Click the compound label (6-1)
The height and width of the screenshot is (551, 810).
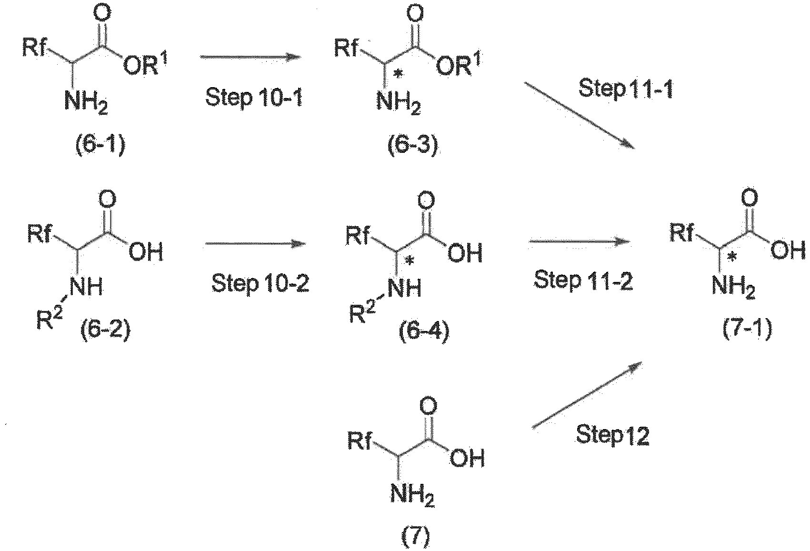pos(100,146)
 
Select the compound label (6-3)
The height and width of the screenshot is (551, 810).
pos(412,146)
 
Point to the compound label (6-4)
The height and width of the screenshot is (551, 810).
pos(424,331)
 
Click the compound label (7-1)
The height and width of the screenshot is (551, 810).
pos(748,329)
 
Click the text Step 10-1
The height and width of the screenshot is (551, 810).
pos(254,97)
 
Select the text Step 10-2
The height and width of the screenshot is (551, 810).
pos(260,283)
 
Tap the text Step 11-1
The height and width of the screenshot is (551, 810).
pos(626,88)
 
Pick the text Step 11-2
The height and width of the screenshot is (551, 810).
pos(584,280)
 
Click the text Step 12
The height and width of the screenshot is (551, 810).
pos(613,434)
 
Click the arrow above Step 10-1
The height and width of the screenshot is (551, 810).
pos(250,57)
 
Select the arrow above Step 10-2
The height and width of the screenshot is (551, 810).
pos(255,244)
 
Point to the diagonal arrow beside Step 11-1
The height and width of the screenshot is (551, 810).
pos(580,115)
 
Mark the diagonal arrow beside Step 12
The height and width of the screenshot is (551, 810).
pos(587,395)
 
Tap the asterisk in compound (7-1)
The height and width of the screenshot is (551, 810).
pos(732,258)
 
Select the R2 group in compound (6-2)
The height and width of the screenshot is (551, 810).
pos(50,318)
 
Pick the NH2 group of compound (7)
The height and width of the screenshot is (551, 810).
pos(412,495)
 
